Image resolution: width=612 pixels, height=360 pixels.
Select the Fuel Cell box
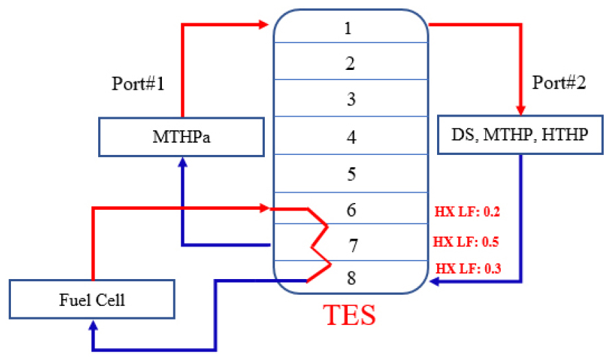[92, 300]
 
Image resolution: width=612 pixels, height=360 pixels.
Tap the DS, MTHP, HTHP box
[521, 135]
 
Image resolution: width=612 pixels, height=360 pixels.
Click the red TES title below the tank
[351, 315]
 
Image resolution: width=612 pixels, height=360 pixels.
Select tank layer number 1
[351, 29]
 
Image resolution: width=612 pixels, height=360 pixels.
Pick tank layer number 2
[351, 64]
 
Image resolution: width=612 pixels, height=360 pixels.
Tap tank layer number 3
[351, 100]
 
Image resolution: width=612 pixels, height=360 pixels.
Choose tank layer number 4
[351, 138]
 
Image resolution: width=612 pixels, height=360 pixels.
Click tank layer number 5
[351, 174]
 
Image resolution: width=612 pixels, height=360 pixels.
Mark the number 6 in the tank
[351, 210]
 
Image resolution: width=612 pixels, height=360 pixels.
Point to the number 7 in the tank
[351, 245]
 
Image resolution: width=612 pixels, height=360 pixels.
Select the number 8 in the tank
[351, 278]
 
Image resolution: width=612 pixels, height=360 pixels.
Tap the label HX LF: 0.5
[466, 242]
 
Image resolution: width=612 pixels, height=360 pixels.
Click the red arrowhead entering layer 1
[264, 25]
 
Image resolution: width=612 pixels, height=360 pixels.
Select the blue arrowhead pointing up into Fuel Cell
[92, 325]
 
